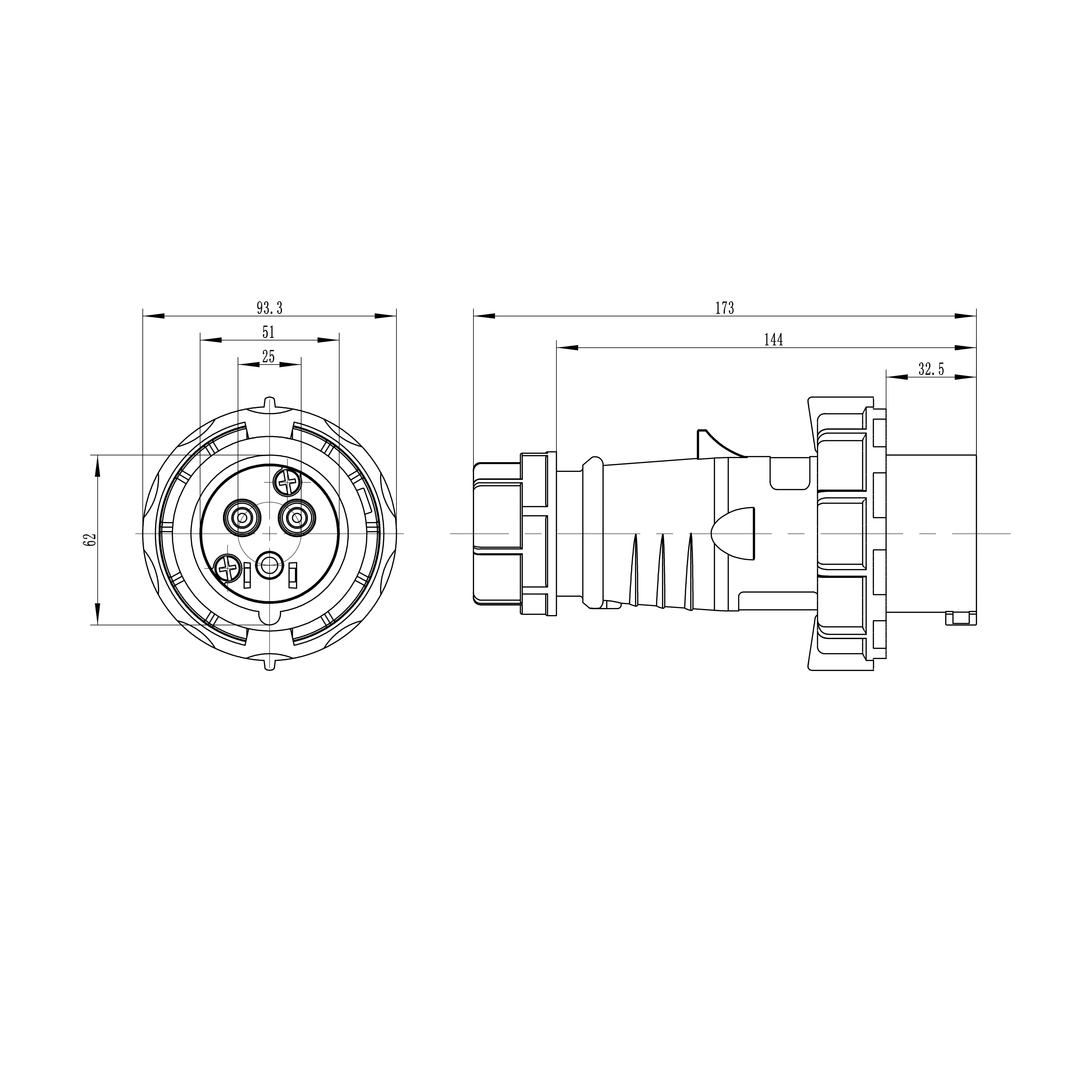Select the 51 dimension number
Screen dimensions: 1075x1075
pyautogui.click(x=269, y=332)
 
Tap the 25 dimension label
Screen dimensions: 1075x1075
pyautogui.click(x=269, y=357)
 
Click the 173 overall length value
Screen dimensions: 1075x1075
pyautogui.click(x=724, y=308)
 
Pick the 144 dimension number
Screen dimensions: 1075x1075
pyautogui.click(x=773, y=339)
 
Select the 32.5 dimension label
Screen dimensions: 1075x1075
pyautogui.click(x=931, y=369)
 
